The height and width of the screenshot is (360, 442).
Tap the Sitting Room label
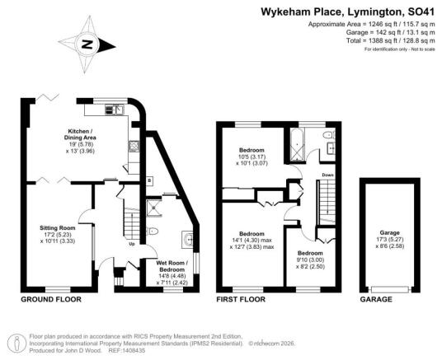click(x=58, y=228)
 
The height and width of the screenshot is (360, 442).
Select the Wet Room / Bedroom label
click(x=172, y=266)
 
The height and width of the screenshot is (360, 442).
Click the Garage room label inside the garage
click(x=390, y=232)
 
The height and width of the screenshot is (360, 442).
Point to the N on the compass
click(x=87, y=44)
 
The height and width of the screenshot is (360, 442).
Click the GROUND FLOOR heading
click(x=51, y=299)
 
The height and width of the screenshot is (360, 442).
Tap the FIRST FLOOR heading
click(x=241, y=299)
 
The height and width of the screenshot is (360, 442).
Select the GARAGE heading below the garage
click(x=376, y=299)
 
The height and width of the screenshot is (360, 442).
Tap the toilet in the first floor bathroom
click(x=329, y=135)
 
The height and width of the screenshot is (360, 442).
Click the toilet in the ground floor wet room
click(x=152, y=231)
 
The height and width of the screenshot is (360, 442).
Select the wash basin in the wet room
click(x=188, y=240)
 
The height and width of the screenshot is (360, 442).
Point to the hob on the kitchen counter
click(x=133, y=147)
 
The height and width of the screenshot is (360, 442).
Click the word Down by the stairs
click(x=328, y=175)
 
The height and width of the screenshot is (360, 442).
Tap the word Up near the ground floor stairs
click(x=132, y=244)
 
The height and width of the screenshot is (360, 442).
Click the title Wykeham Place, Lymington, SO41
click(x=348, y=12)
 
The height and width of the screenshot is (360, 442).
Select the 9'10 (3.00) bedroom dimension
click(x=310, y=259)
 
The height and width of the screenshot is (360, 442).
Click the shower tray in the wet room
click(x=154, y=208)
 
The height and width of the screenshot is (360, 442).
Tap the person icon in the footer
click(x=17, y=343)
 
